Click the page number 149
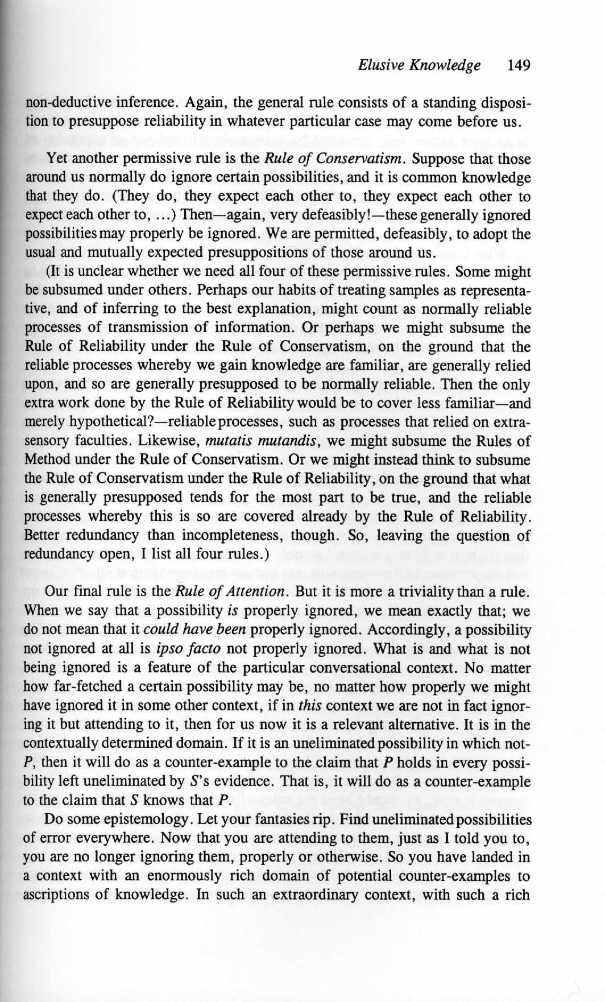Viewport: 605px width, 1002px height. coord(520,65)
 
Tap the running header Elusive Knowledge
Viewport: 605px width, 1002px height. coord(419,65)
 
